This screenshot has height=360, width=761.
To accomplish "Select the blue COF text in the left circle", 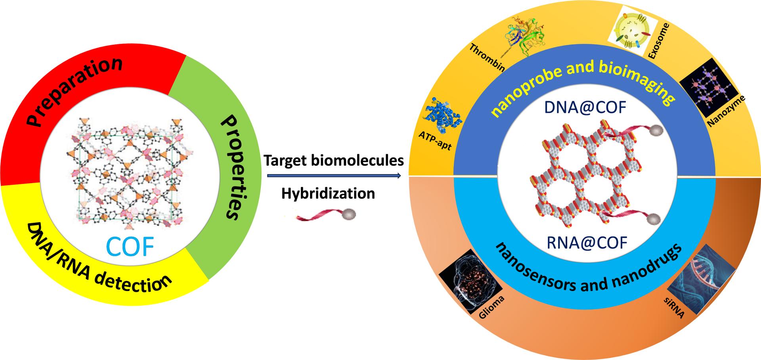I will [130, 246].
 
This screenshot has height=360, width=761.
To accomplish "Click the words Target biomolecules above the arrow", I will [334, 161].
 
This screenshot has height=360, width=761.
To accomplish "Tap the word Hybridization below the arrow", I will [328, 194].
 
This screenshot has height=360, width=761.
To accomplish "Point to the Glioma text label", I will [491, 308].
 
